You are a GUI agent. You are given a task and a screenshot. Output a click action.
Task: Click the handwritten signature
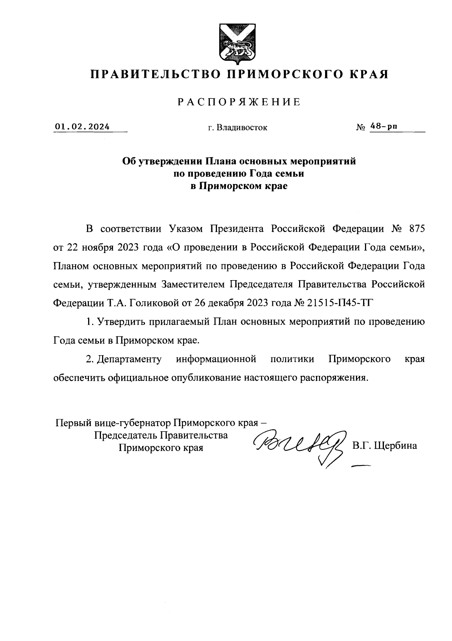[299, 445]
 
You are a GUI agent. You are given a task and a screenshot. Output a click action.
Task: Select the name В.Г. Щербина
[385, 446]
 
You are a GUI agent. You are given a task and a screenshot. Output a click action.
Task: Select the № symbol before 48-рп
[360, 128]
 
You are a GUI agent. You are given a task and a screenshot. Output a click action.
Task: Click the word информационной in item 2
[216, 359]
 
